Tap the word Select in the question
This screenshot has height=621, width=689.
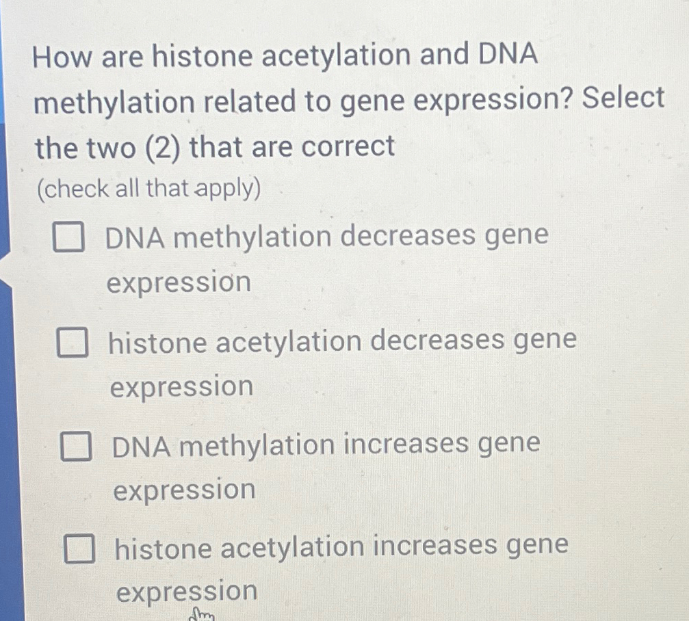(x=623, y=99)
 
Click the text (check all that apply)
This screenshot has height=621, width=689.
(x=149, y=189)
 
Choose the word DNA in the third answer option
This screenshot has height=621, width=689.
(x=141, y=446)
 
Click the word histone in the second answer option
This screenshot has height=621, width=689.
(x=158, y=343)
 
